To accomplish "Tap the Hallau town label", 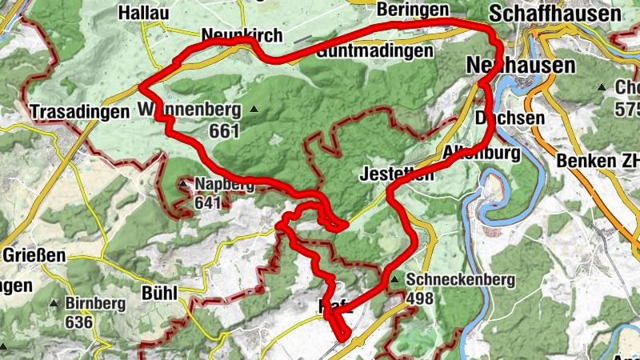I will click(x=143, y=13).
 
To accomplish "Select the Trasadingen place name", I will click(x=79, y=112).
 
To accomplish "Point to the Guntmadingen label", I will click(x=374, y=51).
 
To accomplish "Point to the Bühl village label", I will click(x=158, y=293).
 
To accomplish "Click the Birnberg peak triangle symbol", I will click(x=54, y=304).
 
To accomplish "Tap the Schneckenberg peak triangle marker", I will click(x=394, y=279).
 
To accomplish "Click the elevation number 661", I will click(x=226, y=129).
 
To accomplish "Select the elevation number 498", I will click(x=422, y=298).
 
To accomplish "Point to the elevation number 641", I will click(x=207, y=203).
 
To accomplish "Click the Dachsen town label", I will click(x=510, y=118).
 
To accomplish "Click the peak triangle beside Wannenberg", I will click(x=254, y=109).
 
